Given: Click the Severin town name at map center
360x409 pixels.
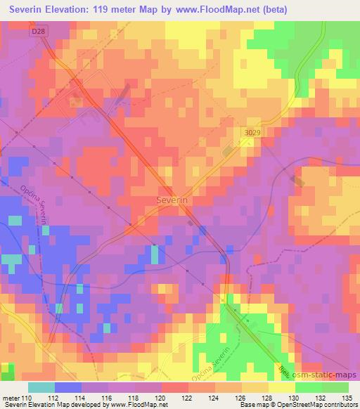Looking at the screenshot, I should click(170, 200).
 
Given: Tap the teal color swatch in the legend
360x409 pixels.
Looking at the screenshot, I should click(41, 387).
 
